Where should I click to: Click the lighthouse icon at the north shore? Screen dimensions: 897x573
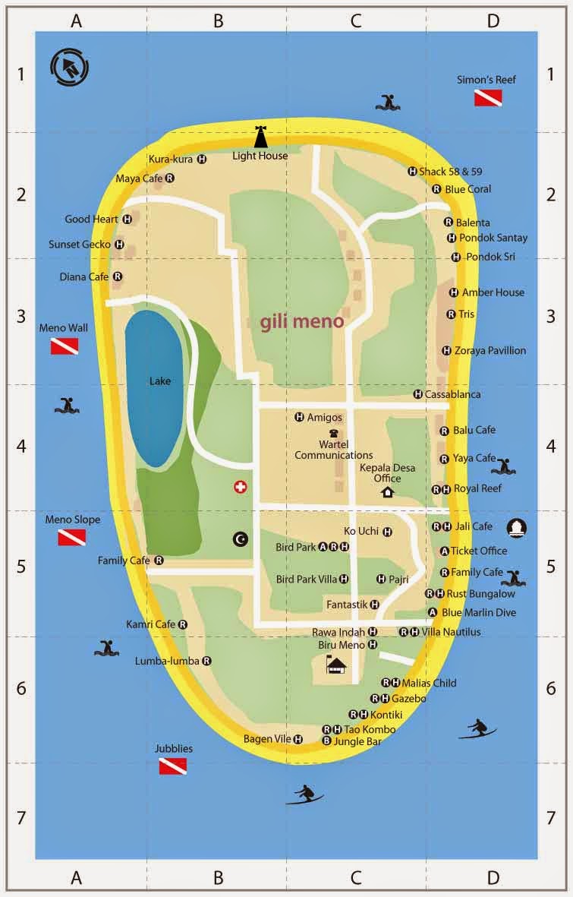260,137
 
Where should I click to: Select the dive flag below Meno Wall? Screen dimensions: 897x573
65,346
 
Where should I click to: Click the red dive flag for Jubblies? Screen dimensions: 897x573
173,766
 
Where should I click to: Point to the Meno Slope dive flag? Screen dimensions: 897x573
71,538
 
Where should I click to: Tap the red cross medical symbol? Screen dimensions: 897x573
241,488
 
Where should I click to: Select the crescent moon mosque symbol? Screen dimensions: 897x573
241,539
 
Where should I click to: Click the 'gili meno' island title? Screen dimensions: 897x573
302,321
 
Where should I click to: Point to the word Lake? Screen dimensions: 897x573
160,381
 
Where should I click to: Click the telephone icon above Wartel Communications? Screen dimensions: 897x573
333,433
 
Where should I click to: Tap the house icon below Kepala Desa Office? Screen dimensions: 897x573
387,492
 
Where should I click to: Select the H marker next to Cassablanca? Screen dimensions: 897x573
417,394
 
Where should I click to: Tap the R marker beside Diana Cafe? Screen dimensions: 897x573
117,277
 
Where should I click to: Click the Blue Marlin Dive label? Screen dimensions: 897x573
478,612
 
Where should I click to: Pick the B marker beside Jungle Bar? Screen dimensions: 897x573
326,741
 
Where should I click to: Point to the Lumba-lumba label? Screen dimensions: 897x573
168,661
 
